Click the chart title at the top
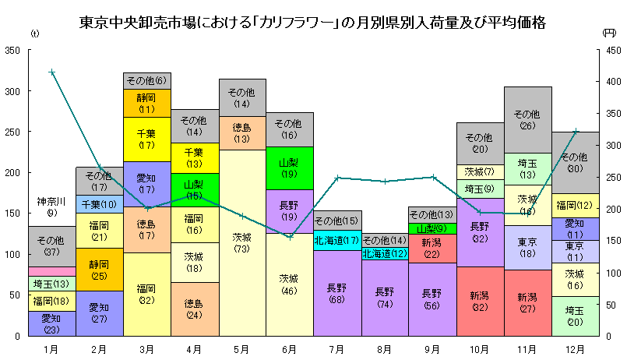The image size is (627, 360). pos(312,22)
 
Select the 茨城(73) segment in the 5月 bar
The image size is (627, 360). pos(242,242)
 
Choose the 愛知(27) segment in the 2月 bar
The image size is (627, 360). pos(99,312)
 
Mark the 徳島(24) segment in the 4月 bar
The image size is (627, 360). pos(195,309)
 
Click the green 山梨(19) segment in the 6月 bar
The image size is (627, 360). pos(290,168)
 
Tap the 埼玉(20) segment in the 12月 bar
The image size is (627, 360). pos(575,316)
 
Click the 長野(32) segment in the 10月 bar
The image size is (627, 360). pos(480,232)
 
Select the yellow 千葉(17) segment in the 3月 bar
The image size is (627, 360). pos(146,139)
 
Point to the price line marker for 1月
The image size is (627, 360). pos(51,72)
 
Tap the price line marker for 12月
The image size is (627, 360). pos(576,131)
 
